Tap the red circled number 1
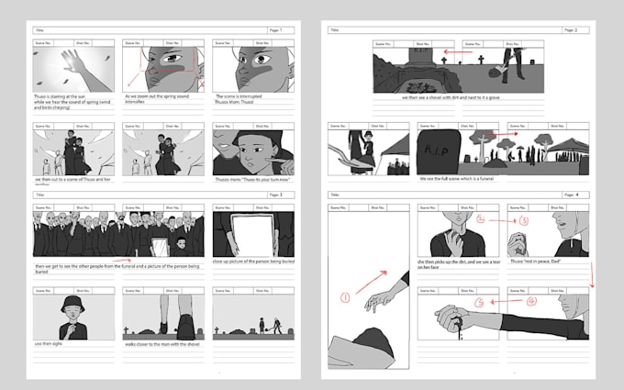345,297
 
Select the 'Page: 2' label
570,30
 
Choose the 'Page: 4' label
570,195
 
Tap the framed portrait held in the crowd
157,244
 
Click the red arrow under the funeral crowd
119,261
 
